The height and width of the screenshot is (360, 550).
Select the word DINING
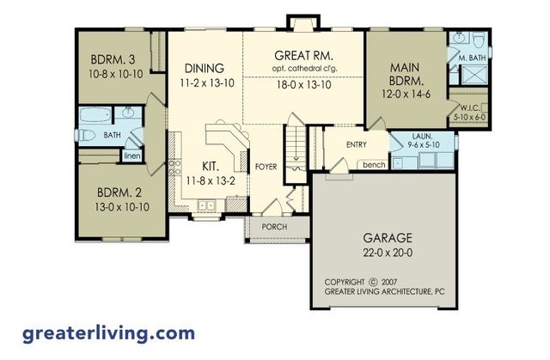204,69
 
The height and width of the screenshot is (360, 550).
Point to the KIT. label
211,164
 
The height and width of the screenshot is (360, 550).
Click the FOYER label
266,167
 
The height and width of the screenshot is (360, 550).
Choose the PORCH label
275,228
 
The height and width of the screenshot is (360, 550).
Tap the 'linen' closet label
131,156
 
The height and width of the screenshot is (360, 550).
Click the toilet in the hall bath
89,135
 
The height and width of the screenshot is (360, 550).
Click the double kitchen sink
205,205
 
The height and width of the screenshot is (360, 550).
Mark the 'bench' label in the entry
372,164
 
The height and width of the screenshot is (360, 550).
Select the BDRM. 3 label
113,61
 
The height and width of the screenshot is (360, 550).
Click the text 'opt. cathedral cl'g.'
305,69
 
